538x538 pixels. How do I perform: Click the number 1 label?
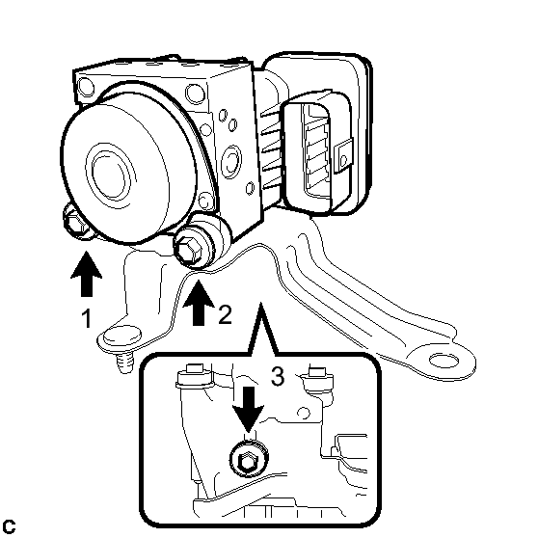pyautogui.click(x=87, y=318)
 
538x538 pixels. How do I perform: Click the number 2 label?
pyautogui.click(x=226, y=314)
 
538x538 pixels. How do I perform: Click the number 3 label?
pyautogui.click(x=278, y=376)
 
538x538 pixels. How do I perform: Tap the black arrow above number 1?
pyautogui.click(x=87, y=274)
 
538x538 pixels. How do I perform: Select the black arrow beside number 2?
pyautogui.click(x=199, y=303)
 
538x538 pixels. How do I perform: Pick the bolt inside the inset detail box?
pyautogui.click(x=249, y=459)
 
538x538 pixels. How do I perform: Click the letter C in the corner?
pyautogui.click(x=9, y=526)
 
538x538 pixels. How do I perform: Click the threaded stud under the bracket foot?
pyautogui.click(x=124, y=363)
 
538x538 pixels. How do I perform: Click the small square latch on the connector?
pyautogui.click(x=343, y=155)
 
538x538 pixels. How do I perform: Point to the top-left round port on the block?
pyautogui.click(x=86, y=87)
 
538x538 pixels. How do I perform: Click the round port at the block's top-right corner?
pyautogui.click(x=195, y=94)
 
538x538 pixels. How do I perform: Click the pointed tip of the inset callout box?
pyautogui.click(x=260, y=303)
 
